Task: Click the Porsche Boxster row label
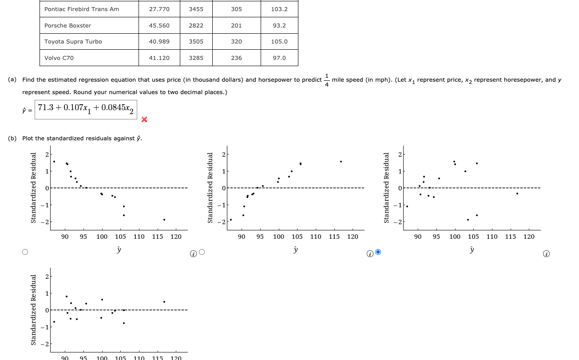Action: click(67, 25)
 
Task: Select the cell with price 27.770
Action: click(159, 9)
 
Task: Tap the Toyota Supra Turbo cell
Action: click(73, 41)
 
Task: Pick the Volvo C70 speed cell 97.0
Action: click(279, 58)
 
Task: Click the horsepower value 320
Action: click(236, 41)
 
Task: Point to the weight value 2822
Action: click(196, 25)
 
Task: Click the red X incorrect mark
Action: click(144, 119)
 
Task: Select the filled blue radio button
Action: click(378, 252)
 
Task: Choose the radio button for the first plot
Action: click(25, 252)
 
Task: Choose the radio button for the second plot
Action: click(202, 252)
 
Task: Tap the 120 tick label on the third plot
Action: click(529, 237)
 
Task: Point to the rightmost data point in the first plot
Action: click(164, 220)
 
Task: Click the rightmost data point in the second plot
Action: click(341, 162)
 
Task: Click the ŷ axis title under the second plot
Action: click(295, 250)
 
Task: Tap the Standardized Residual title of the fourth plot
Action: click(33, 309)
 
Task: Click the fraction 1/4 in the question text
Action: click(327, 80)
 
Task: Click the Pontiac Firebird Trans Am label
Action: click(82, 9)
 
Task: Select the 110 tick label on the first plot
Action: click(139, 237)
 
